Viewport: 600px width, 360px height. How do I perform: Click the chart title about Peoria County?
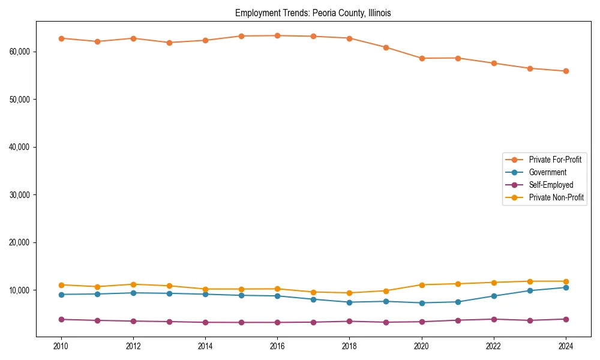[313, 13]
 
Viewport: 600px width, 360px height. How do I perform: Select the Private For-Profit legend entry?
[554, 160]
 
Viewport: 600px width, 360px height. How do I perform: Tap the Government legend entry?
[547, 172]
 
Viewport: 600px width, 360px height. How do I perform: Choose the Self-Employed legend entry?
[551, 185]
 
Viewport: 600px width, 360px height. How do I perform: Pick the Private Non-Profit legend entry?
[556, 197]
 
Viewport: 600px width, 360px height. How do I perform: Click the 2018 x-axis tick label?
[349, 346]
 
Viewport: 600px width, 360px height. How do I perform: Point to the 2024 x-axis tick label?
[566, 346]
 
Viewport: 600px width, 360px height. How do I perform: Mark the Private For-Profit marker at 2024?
[566, 71]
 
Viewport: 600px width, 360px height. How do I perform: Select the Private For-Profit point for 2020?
[422, 58]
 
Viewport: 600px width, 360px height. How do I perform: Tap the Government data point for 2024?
[566, 287]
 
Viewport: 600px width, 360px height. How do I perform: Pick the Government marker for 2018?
[349, 302]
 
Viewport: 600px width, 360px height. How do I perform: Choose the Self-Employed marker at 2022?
[494, 319]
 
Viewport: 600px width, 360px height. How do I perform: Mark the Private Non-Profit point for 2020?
[422, 285]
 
